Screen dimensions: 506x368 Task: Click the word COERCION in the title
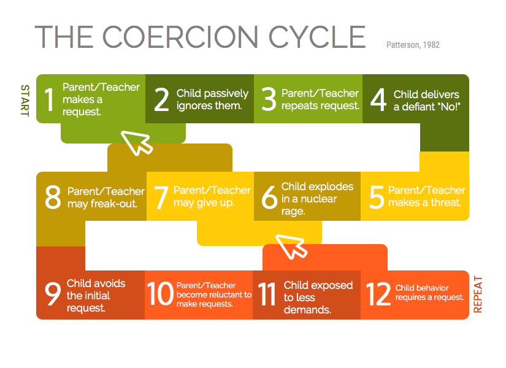point(180,37)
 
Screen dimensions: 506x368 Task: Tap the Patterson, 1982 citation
point(413,45)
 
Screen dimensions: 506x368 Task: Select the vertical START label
point(25,101)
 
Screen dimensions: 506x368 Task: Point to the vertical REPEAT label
point(478,294)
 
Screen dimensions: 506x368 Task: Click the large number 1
point(49,99)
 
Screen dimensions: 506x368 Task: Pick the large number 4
point(378,100)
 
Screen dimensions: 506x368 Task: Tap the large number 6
point(269,197)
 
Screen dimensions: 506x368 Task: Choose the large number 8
point(53,197)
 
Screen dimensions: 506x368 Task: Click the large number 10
point(160,293)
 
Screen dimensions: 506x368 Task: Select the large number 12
point(378,294)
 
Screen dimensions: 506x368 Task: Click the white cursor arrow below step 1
point(137,142)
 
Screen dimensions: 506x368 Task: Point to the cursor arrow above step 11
point(291,247)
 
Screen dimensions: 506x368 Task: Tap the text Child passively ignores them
point(212,99)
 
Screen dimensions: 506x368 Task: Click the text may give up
point(204,203)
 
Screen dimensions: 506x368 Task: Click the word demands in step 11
point(307,310)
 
